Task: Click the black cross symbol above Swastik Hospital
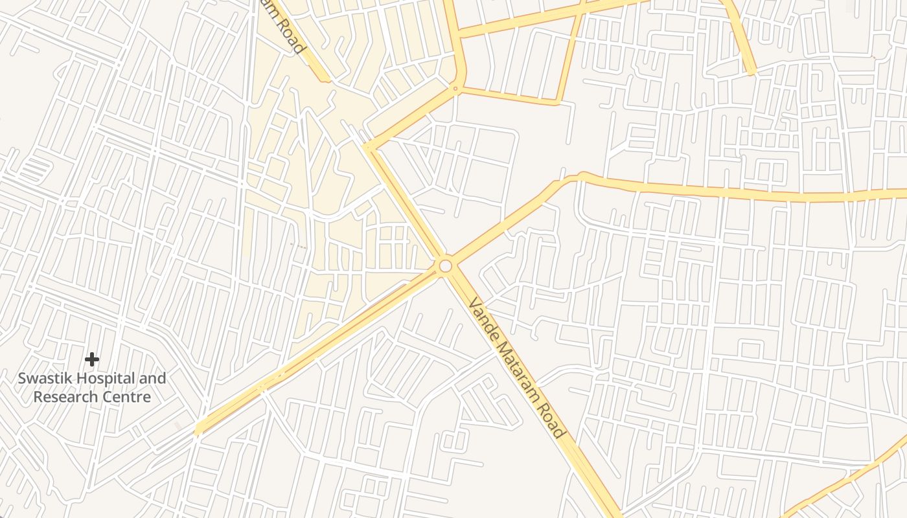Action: [x=92, y=359]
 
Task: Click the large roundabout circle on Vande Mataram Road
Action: [x=445, y=266]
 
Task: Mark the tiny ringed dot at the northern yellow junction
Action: [x=455, y=89]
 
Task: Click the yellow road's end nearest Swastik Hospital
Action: [x=198, y=430]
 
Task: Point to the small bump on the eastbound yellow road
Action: [x=580, y=175]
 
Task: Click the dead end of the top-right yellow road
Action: [x=752, y=73]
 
